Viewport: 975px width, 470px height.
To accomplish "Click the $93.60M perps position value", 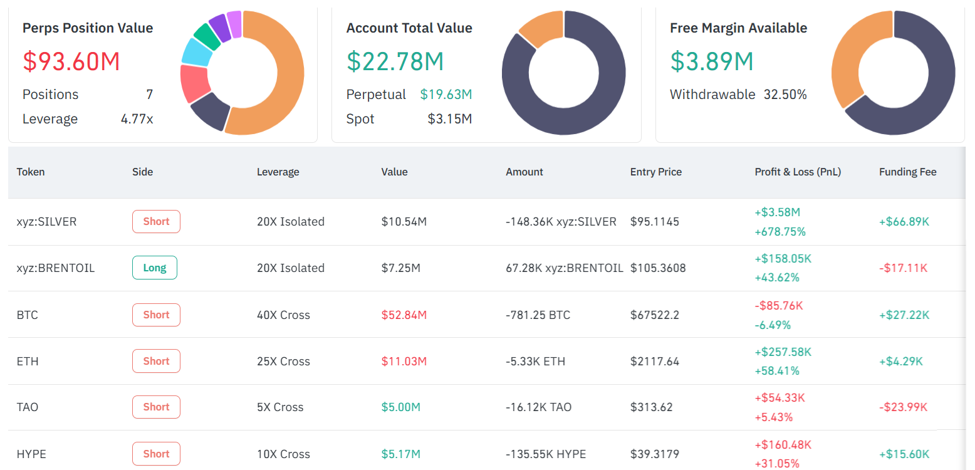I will coord(71,61).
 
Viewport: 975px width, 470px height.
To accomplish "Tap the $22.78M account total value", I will coord(395,61).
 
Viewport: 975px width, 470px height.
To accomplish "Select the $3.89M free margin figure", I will coord(712,61).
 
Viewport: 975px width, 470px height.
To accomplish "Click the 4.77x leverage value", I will coord(137,119).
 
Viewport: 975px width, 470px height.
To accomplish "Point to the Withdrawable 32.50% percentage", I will coord(785,95).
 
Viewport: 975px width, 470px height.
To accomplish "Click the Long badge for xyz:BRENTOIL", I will coord(155,268).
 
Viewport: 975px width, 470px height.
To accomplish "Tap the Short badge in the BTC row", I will coord(156,315).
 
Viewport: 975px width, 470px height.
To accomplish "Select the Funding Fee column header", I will coord(907,172).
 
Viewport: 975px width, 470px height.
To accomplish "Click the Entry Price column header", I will coord(655,172).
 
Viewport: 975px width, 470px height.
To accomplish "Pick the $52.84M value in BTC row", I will coord(404,315).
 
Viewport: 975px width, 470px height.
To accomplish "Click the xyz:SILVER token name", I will coord(46,221).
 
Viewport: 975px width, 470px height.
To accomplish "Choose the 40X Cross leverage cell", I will coord(283,315).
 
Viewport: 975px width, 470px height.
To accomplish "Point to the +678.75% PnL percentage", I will coord(780,232).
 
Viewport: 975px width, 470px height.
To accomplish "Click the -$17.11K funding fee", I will coord(903,268).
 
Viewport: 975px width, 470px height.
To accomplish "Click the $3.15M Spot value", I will coord(449,119).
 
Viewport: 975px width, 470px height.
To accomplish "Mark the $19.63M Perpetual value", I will coord(446,95).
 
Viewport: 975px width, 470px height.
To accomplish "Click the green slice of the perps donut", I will coord(206,36).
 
